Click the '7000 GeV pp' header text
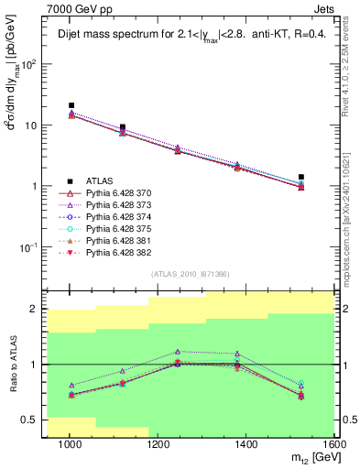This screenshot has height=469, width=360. (x=74, y=8)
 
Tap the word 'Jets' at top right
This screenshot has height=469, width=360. (x=326, y=8)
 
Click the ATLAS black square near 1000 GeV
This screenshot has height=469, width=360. (x=71, y=106)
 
